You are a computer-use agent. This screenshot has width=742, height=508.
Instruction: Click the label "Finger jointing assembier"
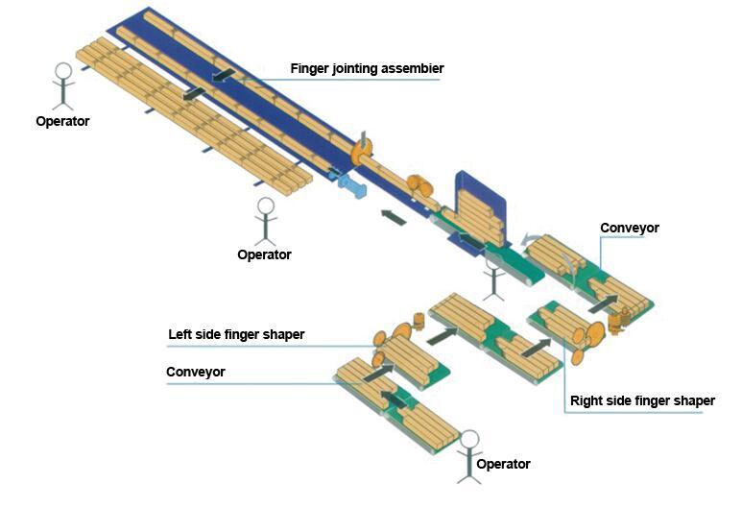point(367,68)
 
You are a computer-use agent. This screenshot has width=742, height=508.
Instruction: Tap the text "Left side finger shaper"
point(235,334)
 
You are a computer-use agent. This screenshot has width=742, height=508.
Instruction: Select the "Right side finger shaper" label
point(642,400)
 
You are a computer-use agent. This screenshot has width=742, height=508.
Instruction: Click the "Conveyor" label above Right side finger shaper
point(630,228)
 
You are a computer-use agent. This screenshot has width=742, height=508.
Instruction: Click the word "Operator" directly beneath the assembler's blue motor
point(264,254)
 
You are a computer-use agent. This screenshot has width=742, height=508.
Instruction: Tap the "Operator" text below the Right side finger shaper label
point(503,464)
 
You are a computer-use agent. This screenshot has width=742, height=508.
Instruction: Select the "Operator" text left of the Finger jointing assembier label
point(62,121)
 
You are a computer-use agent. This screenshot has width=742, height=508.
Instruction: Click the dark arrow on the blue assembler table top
point(223,74)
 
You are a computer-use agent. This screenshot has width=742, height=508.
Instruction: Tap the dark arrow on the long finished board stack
point(193,93)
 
